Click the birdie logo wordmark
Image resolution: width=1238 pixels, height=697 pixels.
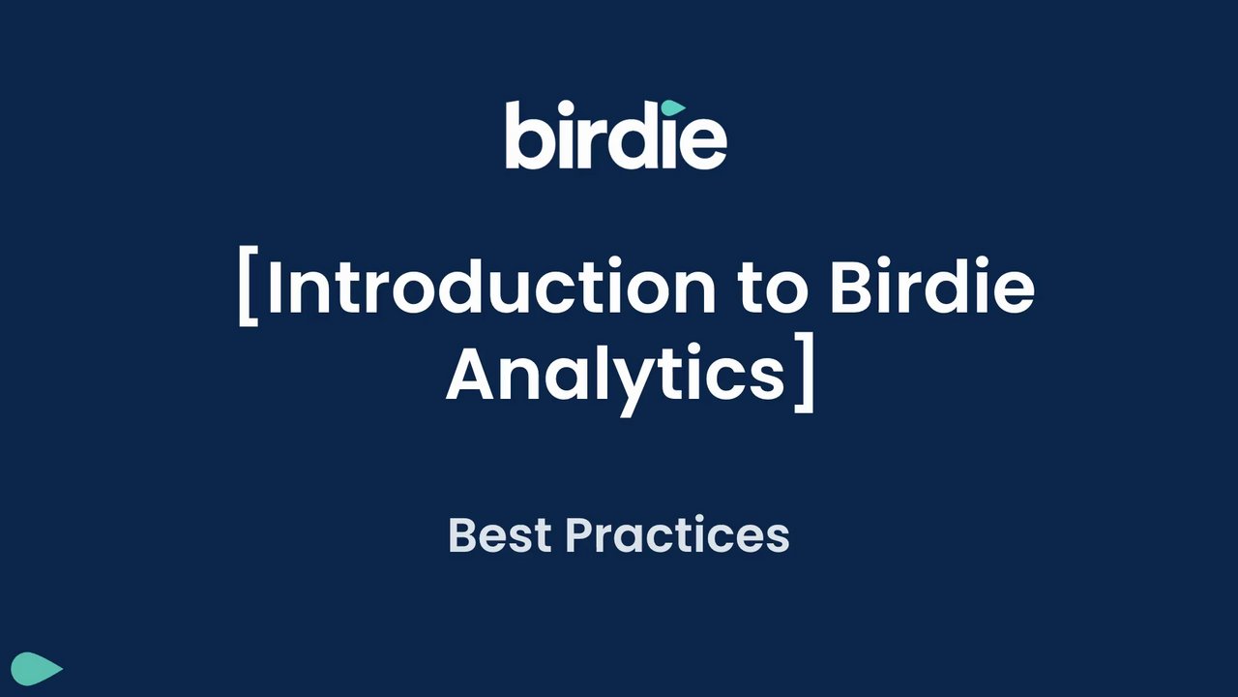pos(616,135)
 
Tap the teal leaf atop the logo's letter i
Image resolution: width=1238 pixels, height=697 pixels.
pos(673,107)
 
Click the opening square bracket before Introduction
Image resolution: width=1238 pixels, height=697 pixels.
pos(249,286)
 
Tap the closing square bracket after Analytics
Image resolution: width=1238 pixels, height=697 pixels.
pos(804,373)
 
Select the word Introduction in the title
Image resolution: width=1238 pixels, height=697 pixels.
pos(491,286)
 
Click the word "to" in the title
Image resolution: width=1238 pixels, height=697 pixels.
pos(773,289)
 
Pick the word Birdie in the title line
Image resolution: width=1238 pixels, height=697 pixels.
pos(932,286)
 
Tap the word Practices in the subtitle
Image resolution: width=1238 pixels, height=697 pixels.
pos(678,534)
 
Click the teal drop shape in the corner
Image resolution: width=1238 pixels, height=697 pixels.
pos(37,669)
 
